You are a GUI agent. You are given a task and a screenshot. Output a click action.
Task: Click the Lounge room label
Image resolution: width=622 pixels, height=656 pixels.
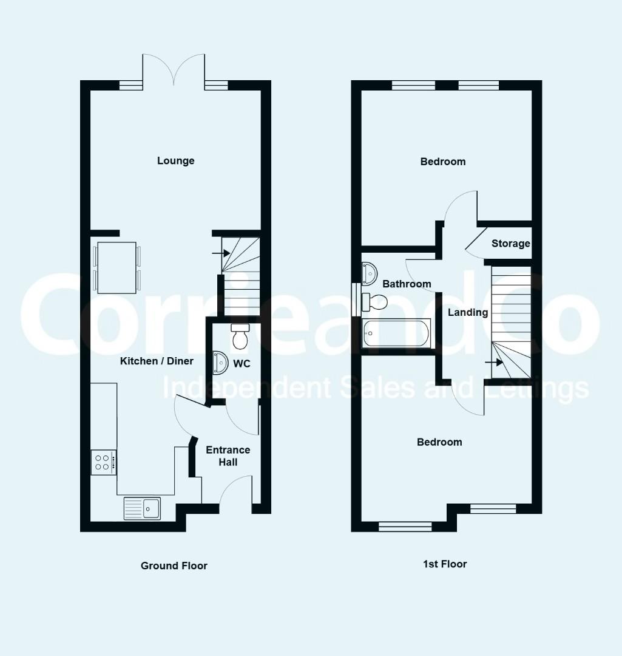click(x=175, y=161)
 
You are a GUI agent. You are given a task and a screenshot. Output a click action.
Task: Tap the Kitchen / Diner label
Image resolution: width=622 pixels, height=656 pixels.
click(x=157, y=361)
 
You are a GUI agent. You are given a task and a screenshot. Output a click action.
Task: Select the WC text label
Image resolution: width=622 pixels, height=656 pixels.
click(x=242, y=364)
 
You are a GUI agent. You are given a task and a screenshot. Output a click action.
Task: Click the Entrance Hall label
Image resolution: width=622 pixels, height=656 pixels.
click(x=228, y=456)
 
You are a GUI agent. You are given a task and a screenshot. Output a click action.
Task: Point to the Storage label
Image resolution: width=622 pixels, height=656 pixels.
click(x=511, y=244)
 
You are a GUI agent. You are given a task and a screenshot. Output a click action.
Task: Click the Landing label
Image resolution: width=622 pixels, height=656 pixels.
click(x=468, y=313)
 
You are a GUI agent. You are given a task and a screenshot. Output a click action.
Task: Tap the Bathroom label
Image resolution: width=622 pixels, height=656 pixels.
click(x=407, y=284)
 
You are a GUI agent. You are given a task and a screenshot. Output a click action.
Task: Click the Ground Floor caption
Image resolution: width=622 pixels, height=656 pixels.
click(x=174, y=565)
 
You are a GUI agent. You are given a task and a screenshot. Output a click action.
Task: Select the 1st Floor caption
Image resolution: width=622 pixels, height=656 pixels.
click(x=445, y=564)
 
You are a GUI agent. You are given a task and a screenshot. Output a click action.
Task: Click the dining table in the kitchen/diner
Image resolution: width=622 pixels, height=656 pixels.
click(x=117, y=267)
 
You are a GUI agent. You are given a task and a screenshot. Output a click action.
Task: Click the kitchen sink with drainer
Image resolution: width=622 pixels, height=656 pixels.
click(x=142, y=508)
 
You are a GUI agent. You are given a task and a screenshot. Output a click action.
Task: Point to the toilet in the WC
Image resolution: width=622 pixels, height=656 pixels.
click(x=240, y=336)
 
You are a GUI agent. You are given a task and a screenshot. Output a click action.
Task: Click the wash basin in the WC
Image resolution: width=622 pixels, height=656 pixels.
click(x=220, y=362)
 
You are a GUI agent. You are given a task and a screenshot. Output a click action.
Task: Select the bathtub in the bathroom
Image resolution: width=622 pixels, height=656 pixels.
click(x=396, y=333)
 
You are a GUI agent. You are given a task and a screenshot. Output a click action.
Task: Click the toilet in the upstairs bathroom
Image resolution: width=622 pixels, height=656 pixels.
click(x=374, y=302)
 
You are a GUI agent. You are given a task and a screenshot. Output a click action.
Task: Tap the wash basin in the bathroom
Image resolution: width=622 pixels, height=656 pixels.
click(x=369, y=273)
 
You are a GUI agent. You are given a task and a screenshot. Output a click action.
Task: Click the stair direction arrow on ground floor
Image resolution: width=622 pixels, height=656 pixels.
click(x=221, y=253)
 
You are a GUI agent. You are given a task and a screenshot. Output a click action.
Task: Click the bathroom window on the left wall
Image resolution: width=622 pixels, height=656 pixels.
click(x=356, y=299)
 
